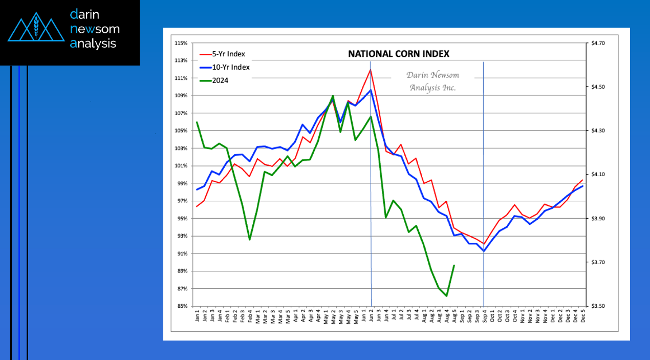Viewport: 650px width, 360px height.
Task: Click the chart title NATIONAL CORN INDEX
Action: tap(399, 54)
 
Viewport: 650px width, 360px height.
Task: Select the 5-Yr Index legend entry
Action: tap(228, 54)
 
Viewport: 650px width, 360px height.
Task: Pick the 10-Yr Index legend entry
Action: tap(231, 67)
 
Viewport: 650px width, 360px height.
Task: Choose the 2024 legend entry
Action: tap(220, 80)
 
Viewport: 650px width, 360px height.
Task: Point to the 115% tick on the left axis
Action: tap(181, 43)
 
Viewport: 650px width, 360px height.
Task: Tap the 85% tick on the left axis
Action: tap(182, 306)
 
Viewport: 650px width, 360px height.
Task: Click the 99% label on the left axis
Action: tap(182, 183)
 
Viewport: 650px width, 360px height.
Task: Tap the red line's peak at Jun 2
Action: tap(370, 69)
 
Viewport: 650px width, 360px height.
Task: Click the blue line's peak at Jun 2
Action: tap(370, 90)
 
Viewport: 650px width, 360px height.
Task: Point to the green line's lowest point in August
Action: tap(447, 296)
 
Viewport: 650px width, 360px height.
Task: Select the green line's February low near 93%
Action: tap(250, 240)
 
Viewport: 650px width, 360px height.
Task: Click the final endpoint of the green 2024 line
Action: tap(454, 265)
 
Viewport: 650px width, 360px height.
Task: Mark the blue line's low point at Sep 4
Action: tap(484, 251)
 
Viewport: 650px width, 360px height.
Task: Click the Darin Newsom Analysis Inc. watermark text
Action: tap(432, 81)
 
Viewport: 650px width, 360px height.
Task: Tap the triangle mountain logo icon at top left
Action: tap(36, 30)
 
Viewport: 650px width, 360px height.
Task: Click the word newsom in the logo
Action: tap(95, 29)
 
